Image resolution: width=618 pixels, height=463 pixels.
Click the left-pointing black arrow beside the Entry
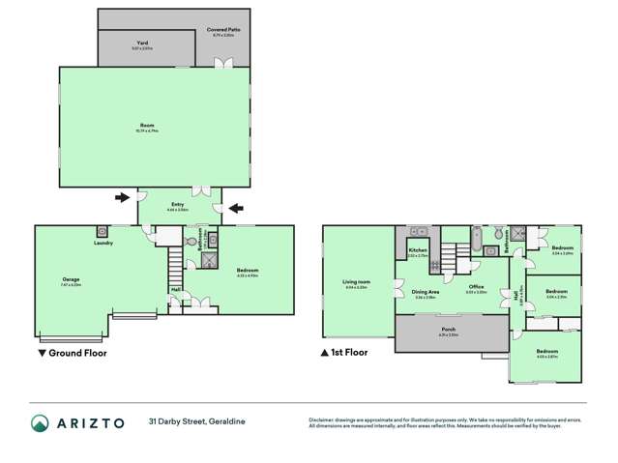point(236,207)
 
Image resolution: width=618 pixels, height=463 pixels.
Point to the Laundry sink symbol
point(102,232)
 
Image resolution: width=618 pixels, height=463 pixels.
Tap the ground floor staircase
point(175,263)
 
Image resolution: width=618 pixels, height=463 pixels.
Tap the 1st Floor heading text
point(351,354)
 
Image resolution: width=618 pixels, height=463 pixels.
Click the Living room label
point(356,282)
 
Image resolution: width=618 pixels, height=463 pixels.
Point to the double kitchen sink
point(418,232)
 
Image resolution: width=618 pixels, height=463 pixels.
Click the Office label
point(476,287)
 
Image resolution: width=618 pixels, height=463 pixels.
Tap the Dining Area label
point(426,291)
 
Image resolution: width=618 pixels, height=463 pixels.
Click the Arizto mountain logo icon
point(40,423)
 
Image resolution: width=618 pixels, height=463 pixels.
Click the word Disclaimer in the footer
point(323,419)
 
